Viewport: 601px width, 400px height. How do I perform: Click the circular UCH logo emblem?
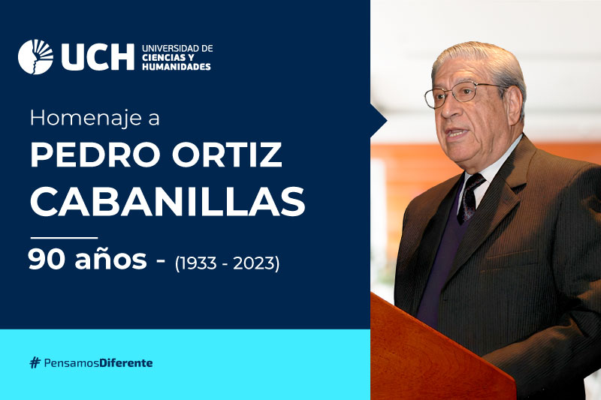pyautogui.click(x=35, y=56)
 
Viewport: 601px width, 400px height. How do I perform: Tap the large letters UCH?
pyautogui.click(x=98, y=57)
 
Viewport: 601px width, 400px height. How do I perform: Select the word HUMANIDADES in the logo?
pyautogui.click(x=177, y=67)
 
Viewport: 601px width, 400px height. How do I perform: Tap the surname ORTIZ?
pyautogui.click(x=227, y=155)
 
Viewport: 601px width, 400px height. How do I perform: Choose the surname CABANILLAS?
pyautogui.click(x=168, y=201)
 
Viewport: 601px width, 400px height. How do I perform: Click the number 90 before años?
pyautogui.click(x=47, y=259)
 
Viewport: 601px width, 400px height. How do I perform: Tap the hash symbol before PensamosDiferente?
pyautogui.click(x=35, y=362)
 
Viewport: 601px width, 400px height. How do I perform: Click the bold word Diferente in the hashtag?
pyautogui.click(x=126, y=362)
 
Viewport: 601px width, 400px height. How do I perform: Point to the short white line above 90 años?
pyautogui.click(x=64, y=238)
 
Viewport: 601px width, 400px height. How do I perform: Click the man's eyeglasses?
pyautogui.click(x=464, y=93)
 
